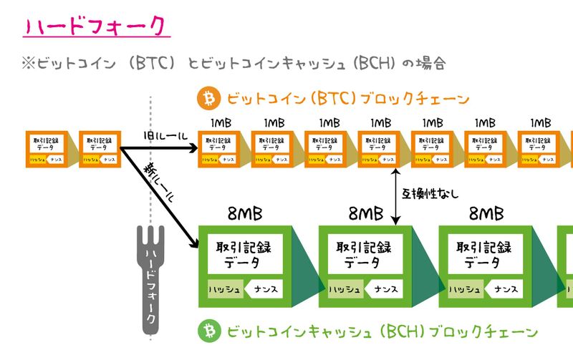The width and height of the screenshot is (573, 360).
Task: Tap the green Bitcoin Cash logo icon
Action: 210,331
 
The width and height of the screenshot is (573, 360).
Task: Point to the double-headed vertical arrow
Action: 395,193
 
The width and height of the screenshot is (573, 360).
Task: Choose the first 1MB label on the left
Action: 220,123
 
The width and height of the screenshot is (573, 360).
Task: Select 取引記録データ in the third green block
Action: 485,254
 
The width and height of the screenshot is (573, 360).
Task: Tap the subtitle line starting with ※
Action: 233,64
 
